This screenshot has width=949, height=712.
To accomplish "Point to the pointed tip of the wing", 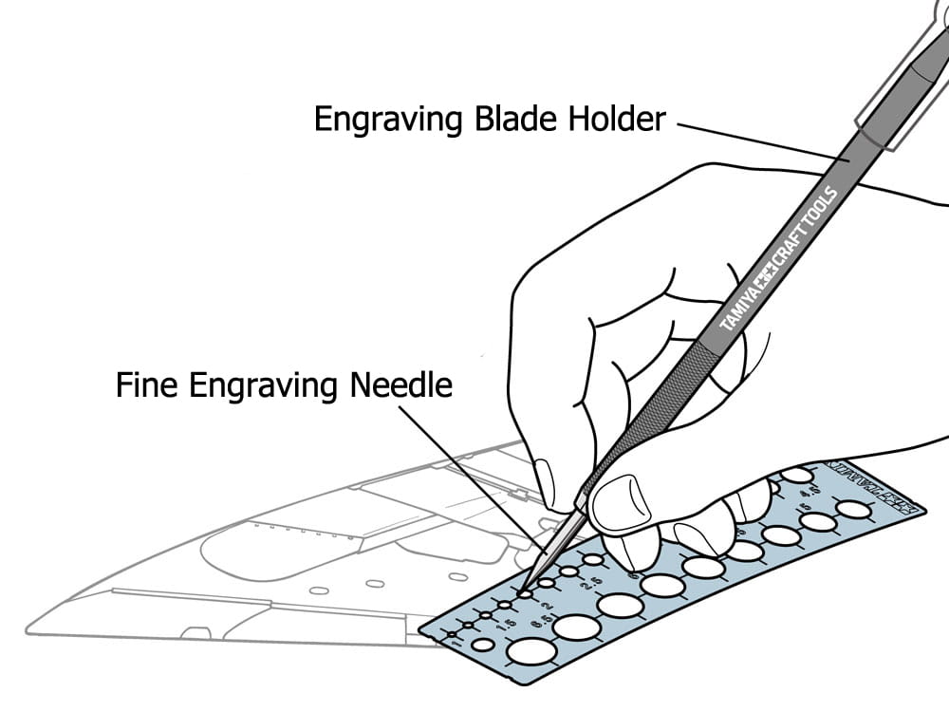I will pos(33,628).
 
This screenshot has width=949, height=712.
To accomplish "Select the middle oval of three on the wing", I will pos(376,582).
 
